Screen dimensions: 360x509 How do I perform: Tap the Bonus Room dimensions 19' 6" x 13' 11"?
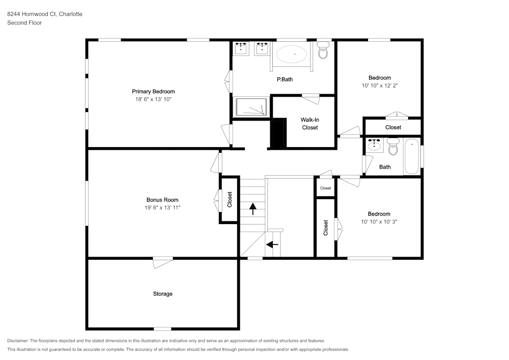click(x=162, y=208)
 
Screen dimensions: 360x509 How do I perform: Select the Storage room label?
click(x=162, y=294)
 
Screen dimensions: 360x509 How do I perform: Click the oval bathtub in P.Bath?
click(x=292, y=53)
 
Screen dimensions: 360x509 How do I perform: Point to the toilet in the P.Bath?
click(x=323, y=51)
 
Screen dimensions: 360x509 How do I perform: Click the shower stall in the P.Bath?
click(x=251, y=107)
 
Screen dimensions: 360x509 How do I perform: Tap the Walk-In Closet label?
click(x=309, y=124)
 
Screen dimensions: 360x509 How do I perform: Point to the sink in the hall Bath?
click(x=375, y=145)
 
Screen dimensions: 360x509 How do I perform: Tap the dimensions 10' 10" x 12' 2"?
click(x=379, y=86)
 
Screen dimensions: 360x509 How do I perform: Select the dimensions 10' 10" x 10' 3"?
click(x=379, y=221)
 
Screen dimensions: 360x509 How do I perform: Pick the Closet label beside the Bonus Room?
click(x=230, y=199)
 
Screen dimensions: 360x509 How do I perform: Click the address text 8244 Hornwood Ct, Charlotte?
click(x=45, y=14)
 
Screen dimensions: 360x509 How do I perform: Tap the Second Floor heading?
click(x=24, y=23)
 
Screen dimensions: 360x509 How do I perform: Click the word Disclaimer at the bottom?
click(x=18, y=341)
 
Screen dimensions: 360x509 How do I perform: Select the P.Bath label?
click(x=285, y=79)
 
